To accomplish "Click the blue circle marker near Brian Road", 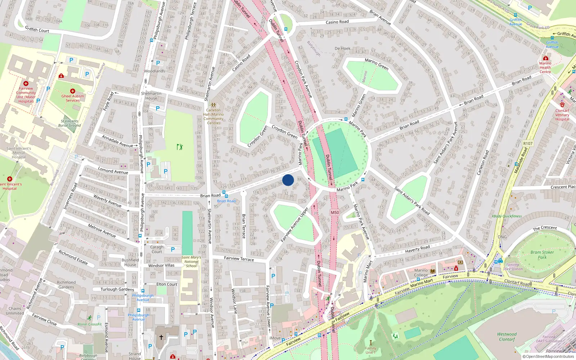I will (288, 180).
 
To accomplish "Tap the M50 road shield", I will (335, 212).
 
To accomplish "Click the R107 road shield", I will (528, 143).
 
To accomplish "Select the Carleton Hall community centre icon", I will (213, 105).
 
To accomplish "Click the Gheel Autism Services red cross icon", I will (73, 91).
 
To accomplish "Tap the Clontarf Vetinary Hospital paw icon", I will (562, 105).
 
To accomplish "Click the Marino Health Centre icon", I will (546, 58).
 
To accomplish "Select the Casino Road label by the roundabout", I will (337, 22).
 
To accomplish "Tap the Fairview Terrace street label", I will (239, 258).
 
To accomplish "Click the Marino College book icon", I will (433, 271).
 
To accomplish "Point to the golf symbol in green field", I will (180, 147).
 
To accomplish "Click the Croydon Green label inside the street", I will (284, 131).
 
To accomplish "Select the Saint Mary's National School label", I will (191, 262).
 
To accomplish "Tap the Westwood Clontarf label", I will (507, 337).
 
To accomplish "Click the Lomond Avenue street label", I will (113, 171).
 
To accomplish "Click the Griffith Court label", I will (37, 29).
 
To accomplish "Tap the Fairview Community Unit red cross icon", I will (26, 83).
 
